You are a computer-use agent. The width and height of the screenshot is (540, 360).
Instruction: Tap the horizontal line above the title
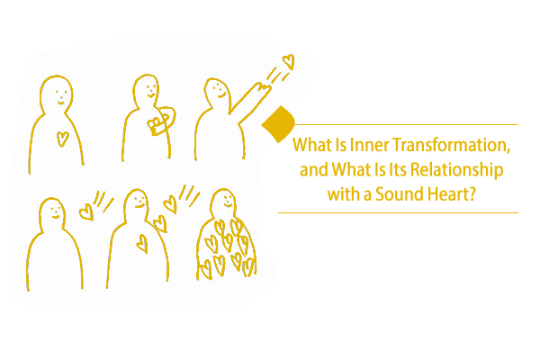point(405,124)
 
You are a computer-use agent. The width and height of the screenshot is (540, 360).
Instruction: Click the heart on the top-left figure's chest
point(62,139)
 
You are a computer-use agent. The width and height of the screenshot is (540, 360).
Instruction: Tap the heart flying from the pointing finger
point(287,61)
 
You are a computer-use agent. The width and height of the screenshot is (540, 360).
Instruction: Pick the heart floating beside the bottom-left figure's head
point(86,212)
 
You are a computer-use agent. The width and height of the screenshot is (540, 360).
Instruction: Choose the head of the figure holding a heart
point(147,88)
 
